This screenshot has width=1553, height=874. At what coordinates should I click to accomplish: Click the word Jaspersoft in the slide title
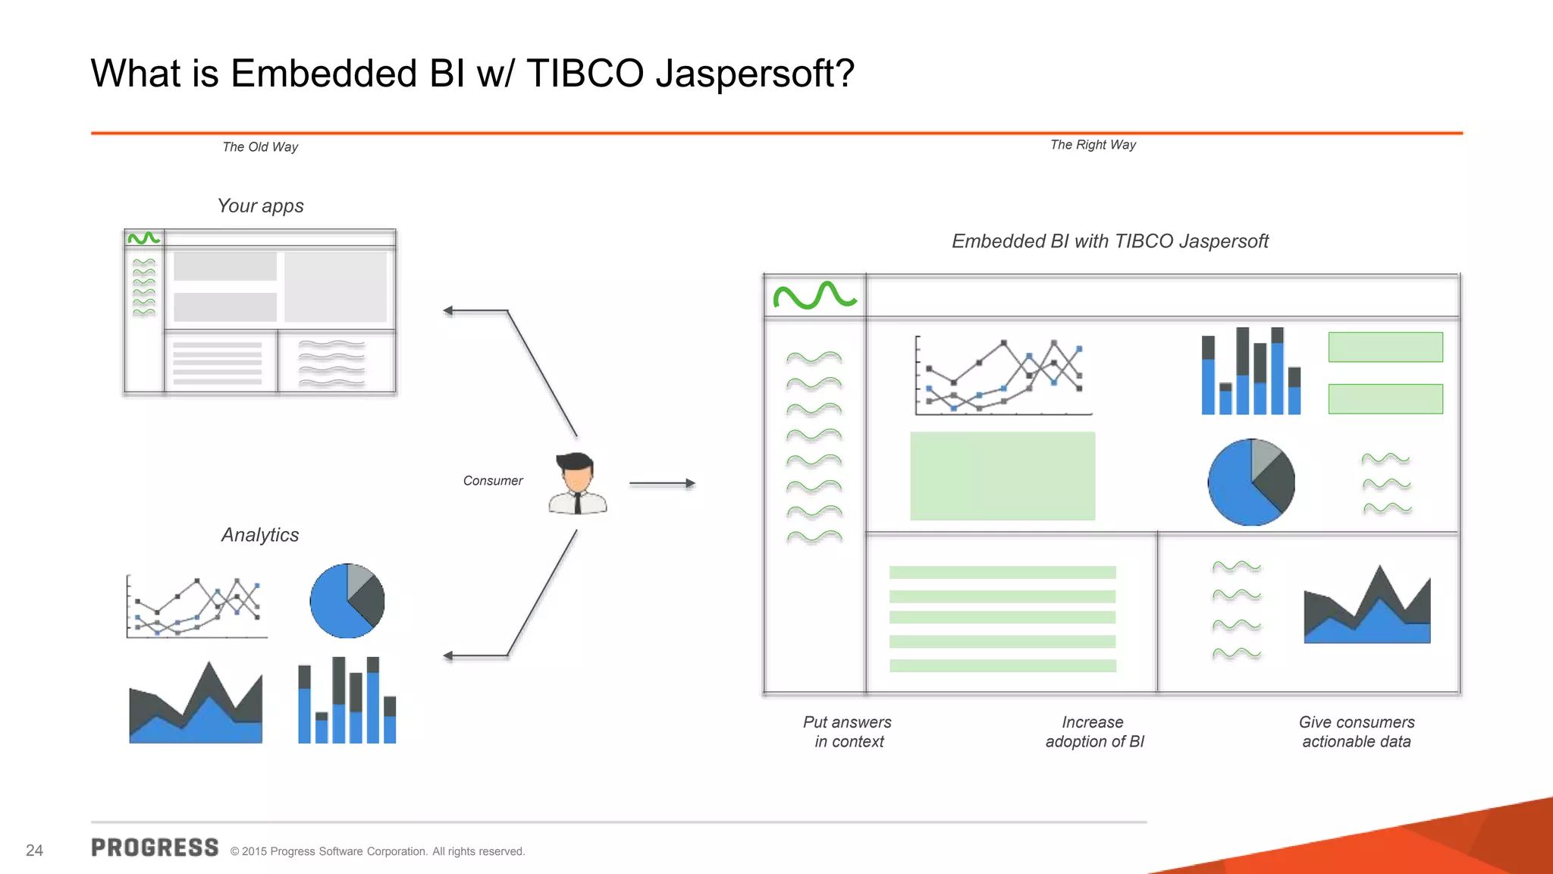755,74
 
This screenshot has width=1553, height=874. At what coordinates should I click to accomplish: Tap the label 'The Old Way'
260,147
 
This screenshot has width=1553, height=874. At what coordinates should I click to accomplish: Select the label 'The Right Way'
1093,145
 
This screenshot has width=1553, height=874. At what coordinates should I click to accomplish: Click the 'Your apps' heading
260,206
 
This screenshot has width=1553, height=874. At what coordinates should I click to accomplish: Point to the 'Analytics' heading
260,535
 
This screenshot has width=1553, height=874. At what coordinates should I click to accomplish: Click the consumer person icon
578,483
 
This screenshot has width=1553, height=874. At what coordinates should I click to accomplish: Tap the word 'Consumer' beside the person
493,481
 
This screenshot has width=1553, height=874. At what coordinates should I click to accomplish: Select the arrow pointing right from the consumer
662,483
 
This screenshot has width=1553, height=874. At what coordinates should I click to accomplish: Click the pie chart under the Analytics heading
347,601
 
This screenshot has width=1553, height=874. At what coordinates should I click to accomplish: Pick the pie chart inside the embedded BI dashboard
1251,482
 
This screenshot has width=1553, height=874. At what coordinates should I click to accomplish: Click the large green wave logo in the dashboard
814,295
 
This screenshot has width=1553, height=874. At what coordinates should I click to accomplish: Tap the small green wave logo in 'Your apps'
143,238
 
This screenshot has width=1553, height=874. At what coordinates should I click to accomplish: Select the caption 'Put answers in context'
848,731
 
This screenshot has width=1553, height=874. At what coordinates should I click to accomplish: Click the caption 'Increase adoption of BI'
1093,731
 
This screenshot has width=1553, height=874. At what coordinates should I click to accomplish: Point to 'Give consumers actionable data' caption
1357,731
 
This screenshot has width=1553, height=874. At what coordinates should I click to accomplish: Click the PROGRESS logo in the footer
155,847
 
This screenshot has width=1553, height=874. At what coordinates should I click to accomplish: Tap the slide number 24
34,850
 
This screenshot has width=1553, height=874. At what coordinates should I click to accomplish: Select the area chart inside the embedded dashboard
1366,607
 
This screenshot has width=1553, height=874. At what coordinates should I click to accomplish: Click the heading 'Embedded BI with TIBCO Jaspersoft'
1109,241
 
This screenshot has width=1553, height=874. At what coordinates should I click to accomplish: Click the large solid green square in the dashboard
1002,476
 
